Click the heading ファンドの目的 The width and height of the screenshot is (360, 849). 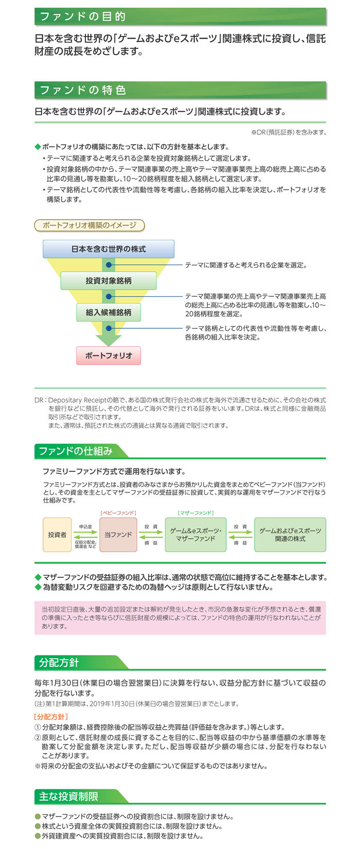[83, 16]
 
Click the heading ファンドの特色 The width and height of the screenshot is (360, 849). [83, 90]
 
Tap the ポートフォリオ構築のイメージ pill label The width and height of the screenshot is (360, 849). [89, 225]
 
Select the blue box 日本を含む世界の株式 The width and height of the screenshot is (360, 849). [109, 249]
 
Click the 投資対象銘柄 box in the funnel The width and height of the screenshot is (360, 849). [109, 281]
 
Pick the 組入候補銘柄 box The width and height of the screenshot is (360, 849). [109, 312]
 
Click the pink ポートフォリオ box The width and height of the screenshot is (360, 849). [109, 356]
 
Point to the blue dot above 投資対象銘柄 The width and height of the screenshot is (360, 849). [109, 265]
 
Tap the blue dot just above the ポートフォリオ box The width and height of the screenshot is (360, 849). [109, 328]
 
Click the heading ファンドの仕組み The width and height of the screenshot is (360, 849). [76, 451]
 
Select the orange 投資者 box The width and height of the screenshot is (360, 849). [57, 535]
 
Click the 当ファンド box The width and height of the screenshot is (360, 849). [118, 535]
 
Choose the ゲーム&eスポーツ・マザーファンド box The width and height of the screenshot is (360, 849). [195, 535]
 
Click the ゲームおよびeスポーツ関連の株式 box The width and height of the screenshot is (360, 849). [290, 535]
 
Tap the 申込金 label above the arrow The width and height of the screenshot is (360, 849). [86, 526]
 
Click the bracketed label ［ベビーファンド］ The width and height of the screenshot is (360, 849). [118, 513]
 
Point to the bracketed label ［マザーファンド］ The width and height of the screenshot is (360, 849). [195, 513]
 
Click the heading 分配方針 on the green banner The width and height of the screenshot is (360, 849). [59, 663]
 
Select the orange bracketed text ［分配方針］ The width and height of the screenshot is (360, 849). [51, 717]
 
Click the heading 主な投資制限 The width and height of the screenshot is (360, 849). [68, 797]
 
